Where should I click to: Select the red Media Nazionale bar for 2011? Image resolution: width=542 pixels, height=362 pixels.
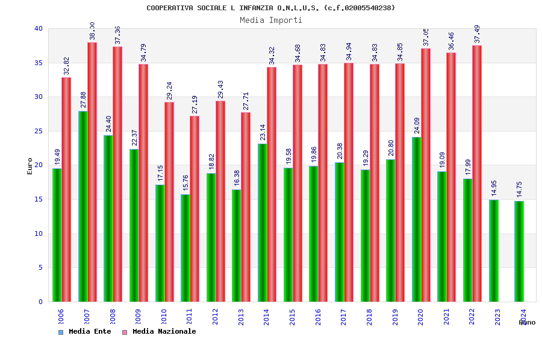195,209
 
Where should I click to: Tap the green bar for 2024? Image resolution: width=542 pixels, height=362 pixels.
519,251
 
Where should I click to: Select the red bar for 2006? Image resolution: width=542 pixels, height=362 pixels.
66,189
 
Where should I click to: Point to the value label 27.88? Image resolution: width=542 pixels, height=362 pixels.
84,100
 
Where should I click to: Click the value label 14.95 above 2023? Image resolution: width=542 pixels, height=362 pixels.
494,188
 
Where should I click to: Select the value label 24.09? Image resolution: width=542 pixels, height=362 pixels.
417,125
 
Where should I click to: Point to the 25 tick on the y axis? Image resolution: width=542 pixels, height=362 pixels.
39,131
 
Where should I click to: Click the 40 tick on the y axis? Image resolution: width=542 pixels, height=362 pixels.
39,28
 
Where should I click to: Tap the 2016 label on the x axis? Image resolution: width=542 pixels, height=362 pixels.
318,317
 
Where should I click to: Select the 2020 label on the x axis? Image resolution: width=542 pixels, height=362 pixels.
420,317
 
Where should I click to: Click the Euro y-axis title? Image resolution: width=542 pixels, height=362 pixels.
30,166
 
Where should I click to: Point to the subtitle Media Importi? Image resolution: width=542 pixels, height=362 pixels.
271,20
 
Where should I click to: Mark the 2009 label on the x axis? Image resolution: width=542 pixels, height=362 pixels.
138,317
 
